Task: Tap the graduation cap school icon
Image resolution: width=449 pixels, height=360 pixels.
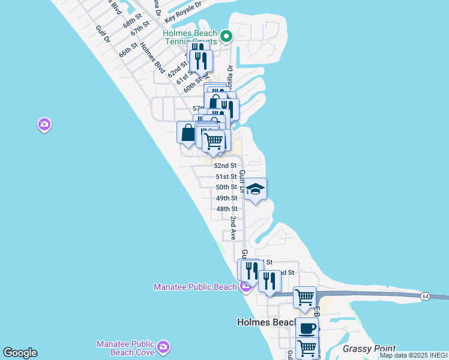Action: pyautogui.click(x=255, y=190)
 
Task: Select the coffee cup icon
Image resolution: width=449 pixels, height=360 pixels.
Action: pyautogui.click(x=307, y=328)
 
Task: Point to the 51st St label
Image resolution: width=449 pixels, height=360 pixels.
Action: pyautogui.click(x=226, y=176)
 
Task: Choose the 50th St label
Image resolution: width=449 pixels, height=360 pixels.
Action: pyautogui.click(x=226, y=187)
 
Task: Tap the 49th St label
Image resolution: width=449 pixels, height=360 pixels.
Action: pyautogui.click(x=226, y=198)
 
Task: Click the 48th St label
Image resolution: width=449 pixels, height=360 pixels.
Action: pyautogui.click(x=227, y=209)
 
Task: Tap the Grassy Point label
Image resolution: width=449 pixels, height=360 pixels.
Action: pyautogui.click(x=369, y=349)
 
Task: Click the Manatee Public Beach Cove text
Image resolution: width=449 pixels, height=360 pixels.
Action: pyautogui.click(x=125, y=347)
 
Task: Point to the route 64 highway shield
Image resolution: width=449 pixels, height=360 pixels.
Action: pyautogui.click(x=425, y=296)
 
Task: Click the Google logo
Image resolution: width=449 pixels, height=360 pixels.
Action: pyautogui.click(x=20, y=353)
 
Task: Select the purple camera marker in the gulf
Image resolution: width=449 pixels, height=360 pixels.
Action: pyautogui.click(x=44, y=125)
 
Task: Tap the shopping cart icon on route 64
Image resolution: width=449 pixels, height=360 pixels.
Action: pyautogui.click(x=305, y=296)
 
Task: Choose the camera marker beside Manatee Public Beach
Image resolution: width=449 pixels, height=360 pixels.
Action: pyautogui.click(x=245, y=287)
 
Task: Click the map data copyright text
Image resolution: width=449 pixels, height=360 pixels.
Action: pyautogui.click(x=413, y=355)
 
